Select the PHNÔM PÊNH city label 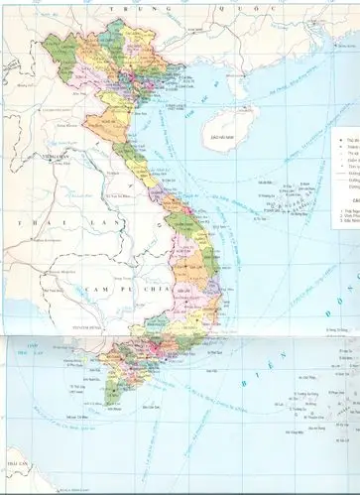click(x=93, y=327)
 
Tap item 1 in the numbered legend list click(x=345, y=211)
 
